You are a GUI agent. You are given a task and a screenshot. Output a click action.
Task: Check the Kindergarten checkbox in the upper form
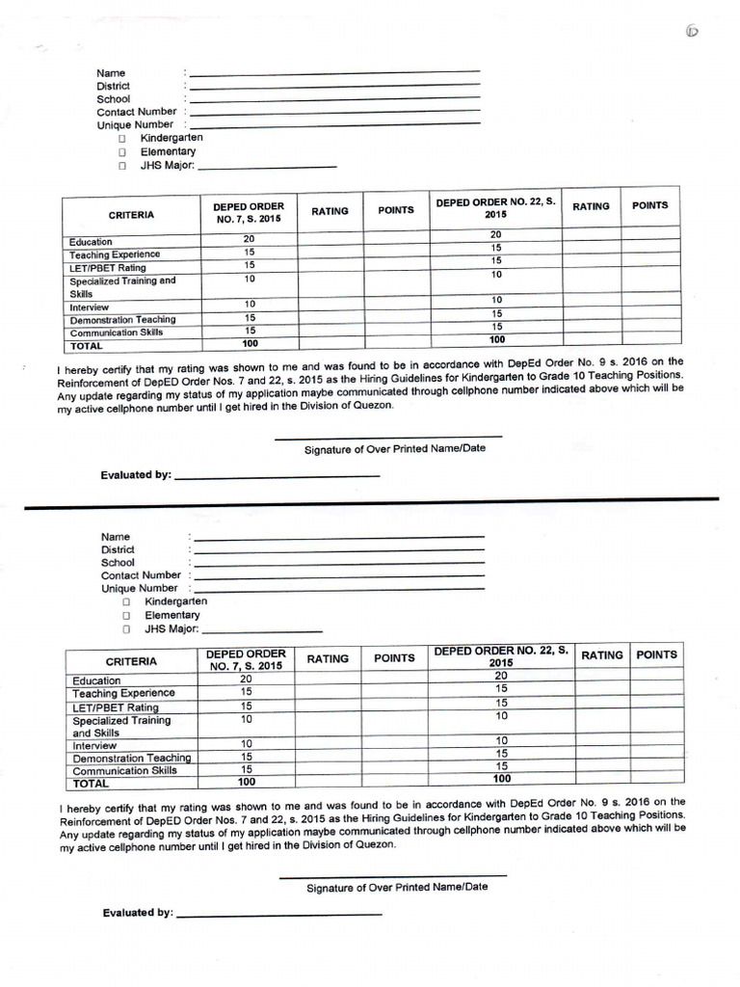pyautogui.click(x=122, y=138)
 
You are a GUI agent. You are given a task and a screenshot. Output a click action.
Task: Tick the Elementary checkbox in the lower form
pyautogui.click(x=126, y=615)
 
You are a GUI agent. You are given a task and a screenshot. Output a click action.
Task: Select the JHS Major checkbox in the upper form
pyautogui.click(x=122, y=166)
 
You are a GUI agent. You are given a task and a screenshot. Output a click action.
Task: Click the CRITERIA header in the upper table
pyautogui.click(x=131, y=215)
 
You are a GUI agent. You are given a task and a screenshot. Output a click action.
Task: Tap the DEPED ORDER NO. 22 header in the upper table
pyautogui.click(x=495, y=208)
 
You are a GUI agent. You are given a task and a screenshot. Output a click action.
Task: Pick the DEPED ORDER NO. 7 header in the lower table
pyautogui.click(x=246, y=659)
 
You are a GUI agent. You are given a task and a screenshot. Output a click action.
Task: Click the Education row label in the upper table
pyautogui.click(x=91, y=242)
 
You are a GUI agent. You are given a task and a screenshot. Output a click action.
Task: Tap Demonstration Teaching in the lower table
pyautogui.click(x=132, y=758)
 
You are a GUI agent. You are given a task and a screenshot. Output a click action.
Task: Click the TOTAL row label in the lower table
pyautogui.click(x=92, y=784)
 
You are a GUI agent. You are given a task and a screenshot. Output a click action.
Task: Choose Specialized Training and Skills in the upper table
pyautogui.click(x=122, y=286)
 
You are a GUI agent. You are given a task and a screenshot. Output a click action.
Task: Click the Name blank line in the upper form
pyautogui.click(x=334, y=72)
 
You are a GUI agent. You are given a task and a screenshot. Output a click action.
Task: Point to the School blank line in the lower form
pyautogui.click(x=338, y=563)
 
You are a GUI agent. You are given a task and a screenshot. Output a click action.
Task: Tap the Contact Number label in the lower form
pyautogui.click(x=141, y=575)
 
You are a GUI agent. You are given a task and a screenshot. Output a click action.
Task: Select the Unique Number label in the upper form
pyautogui.click(x=135, y=125)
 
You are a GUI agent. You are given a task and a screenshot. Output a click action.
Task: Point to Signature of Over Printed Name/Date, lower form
pyautogui.click(x=397, y=887)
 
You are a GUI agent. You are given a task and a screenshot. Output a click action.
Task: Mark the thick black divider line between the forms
pyautogui.click(x=370, y=501)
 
